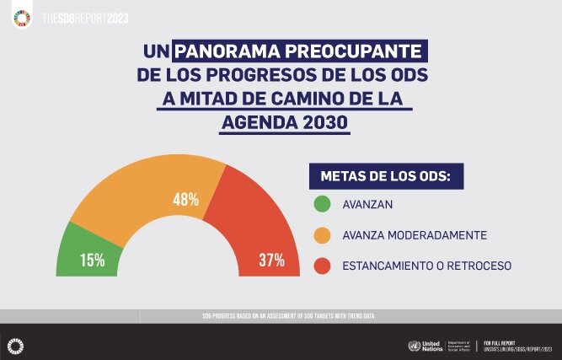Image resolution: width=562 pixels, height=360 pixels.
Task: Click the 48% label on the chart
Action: (x=186, y=200)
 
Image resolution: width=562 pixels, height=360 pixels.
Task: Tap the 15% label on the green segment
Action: (x=93, y=260)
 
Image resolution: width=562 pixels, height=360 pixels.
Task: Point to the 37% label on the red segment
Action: (x=271, y=260)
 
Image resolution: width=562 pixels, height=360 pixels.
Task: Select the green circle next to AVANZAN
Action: (x=321, y=204)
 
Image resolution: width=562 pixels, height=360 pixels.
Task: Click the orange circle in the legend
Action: (x=321, y=234)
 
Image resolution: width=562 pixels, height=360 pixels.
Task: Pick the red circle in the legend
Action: (x=321, y=266)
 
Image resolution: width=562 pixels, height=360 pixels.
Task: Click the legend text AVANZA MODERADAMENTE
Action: (x=403, y=234)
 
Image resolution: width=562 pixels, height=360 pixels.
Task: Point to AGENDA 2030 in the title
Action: (x=284, y=123)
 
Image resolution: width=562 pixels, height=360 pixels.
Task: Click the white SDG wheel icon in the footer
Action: (x=14, y=344)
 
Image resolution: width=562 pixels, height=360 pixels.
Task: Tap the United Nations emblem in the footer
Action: (x=413, y=346)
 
